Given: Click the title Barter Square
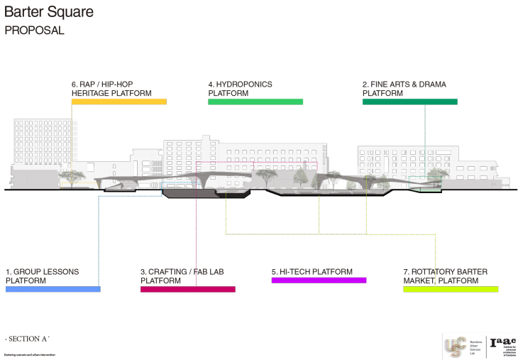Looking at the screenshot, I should [x=49, y=13].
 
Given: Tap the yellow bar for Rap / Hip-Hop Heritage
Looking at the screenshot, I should [x=119, y=102].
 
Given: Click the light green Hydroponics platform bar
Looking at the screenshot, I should [x=255, y=102].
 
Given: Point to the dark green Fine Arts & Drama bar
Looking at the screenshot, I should [x=409, y=102].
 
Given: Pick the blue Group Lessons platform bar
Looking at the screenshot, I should [x=53, y=289].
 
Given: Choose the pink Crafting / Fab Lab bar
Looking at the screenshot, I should [x=187, y=289].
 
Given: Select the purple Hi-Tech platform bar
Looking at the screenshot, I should [x=319, y=280].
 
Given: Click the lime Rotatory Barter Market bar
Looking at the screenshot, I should [x=451, y=289].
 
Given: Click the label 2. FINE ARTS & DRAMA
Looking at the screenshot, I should [x=404, y=89].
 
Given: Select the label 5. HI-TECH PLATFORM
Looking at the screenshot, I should [x=312, y=272].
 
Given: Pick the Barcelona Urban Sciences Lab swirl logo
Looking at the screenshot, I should [x=454, y=346].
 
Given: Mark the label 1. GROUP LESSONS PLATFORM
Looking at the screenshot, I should [x=42, y=276].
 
